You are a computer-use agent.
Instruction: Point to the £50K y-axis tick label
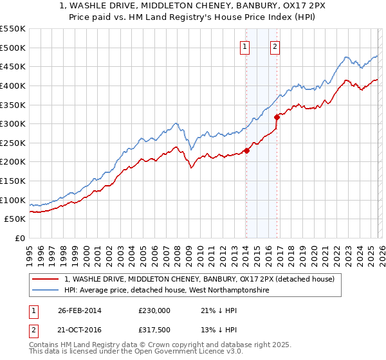(x=15, y=219)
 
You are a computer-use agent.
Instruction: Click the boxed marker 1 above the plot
(x=246, y=46)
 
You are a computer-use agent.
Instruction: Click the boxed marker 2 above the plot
(x=275, y=46)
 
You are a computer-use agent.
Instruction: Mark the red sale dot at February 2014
(x=246, y=151)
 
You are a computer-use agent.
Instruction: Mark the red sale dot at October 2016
(x=277, y=117)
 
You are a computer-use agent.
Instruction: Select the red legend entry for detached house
(x=199, y=280)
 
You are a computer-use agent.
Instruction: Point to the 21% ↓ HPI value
(x=219, y=310)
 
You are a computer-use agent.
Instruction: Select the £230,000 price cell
(x=154, y=310)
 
